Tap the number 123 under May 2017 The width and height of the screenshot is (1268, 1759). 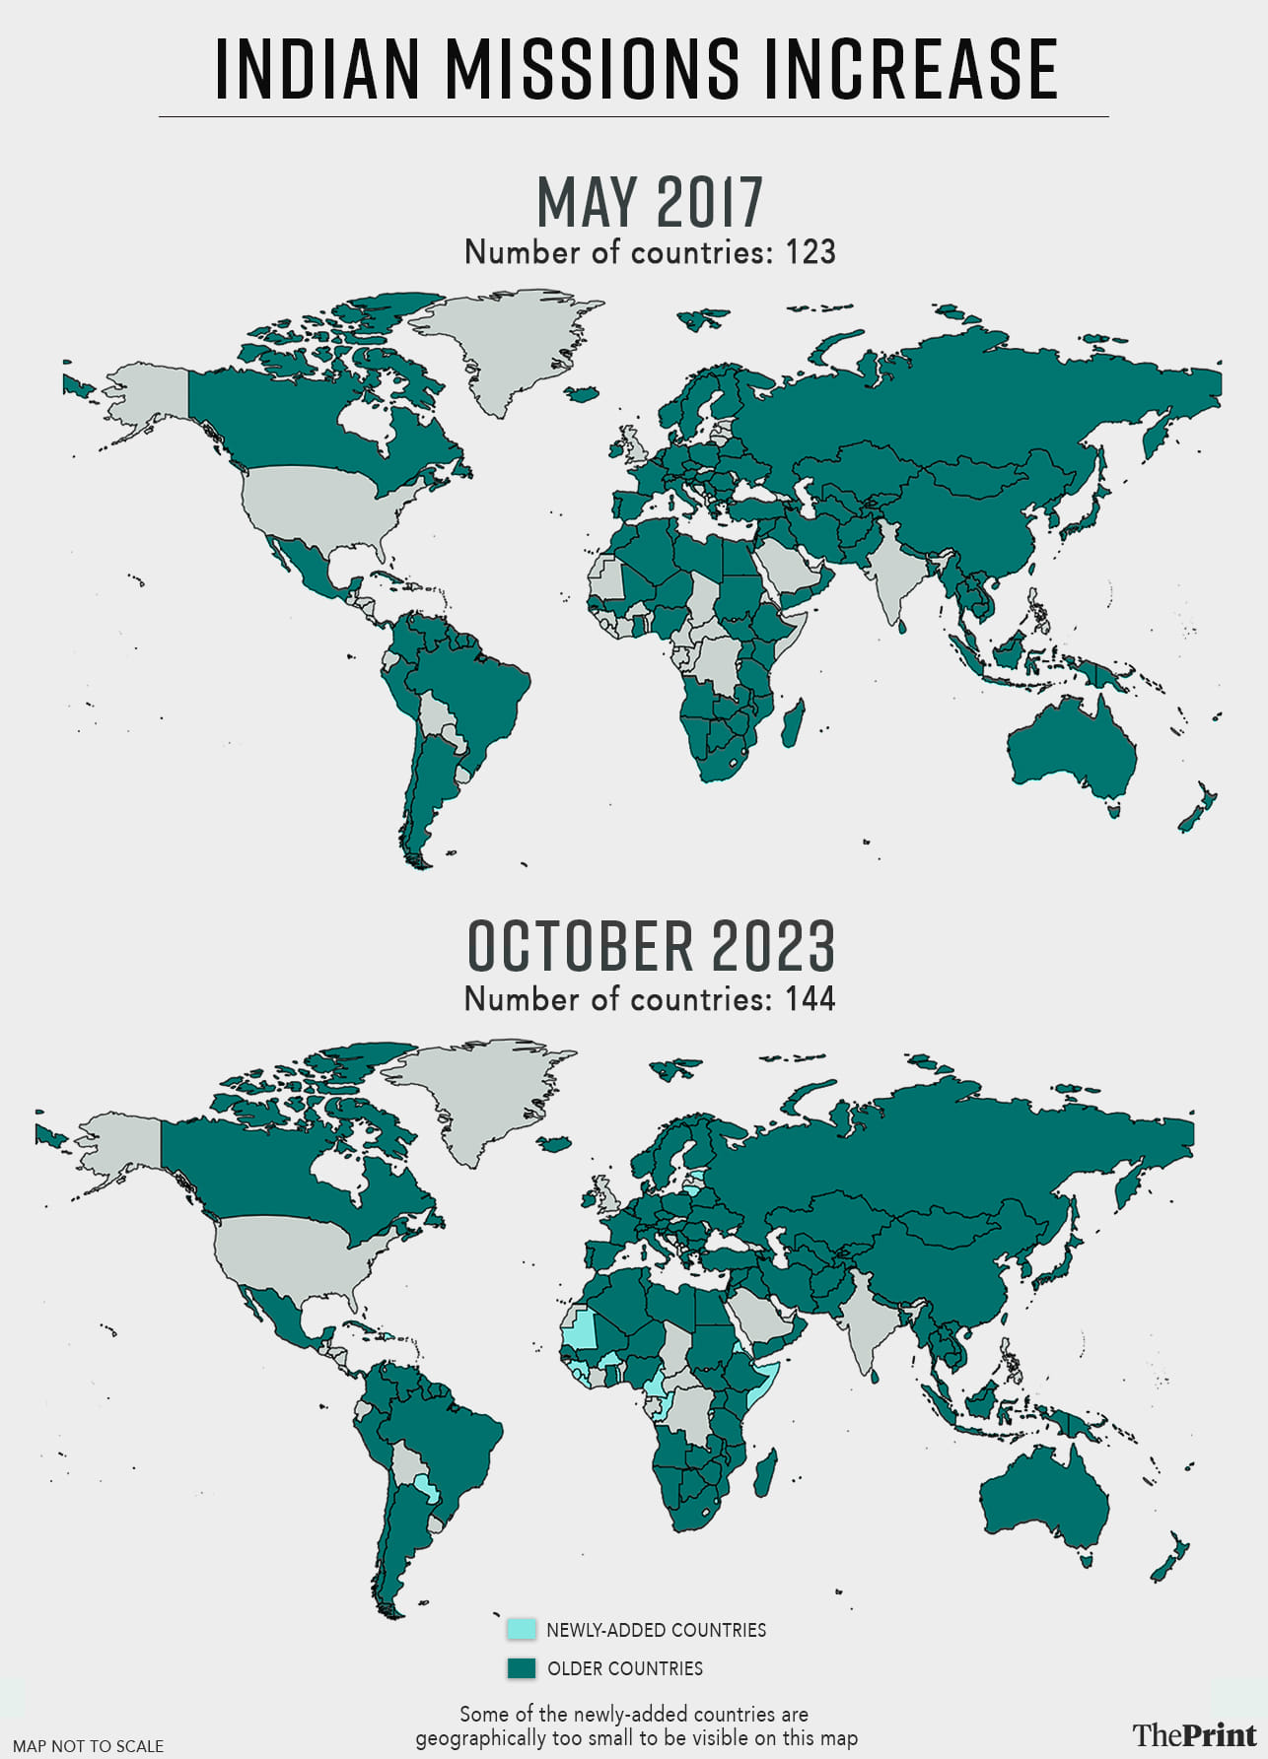click(x=810, y=252)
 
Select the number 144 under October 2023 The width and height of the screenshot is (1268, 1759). click(x=810, y=999)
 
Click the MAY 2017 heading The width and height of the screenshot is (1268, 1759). click(x=650, y=202)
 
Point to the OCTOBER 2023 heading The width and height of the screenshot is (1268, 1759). click(x=651, y=946)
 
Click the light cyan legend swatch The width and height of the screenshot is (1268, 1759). click(x=522, y=1629)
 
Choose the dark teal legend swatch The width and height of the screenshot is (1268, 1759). click(x=522, y=1668)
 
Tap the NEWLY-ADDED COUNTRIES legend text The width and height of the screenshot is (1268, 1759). click(x=656, y=1630)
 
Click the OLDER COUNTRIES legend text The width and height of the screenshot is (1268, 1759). click(x=625, y=1668)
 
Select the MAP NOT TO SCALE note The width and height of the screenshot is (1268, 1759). click(x=88, y=1746)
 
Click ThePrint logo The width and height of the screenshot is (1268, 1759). click(x=1194, y=1734)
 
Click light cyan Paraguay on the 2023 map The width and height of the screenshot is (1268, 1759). click(x=426, y=1488)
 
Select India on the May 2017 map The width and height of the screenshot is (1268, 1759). click(x=892, y=576)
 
